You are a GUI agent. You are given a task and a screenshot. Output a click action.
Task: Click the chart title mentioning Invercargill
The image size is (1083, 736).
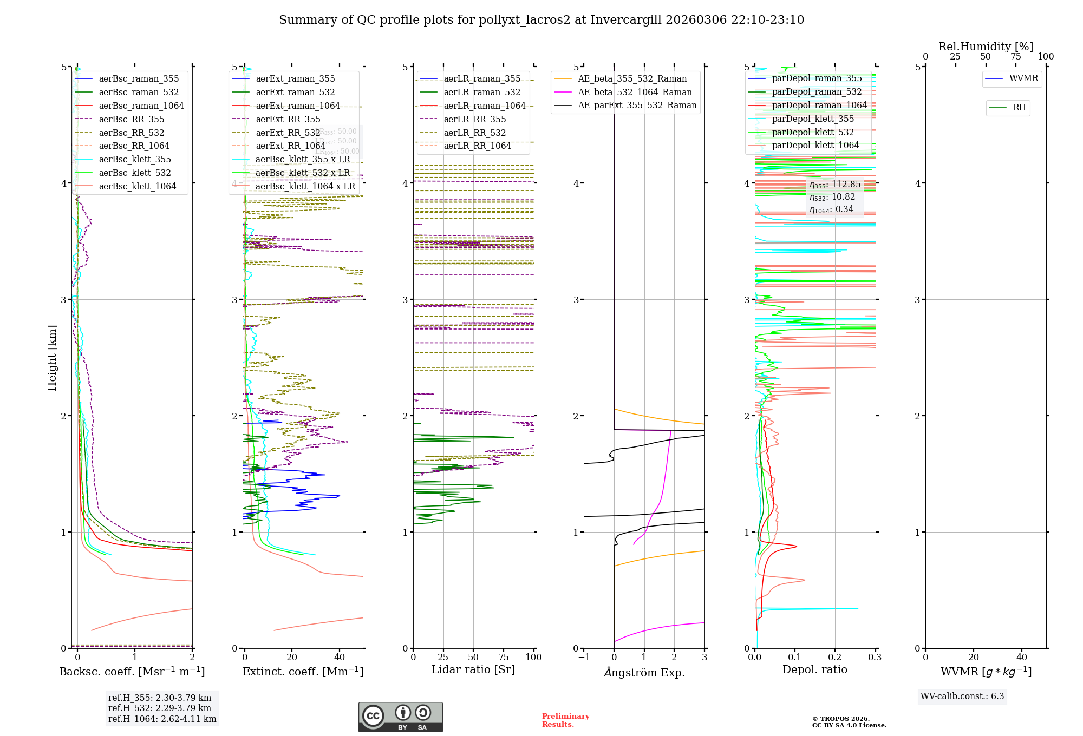click(541, 20)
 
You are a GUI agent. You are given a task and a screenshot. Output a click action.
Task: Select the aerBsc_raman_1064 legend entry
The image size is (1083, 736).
click(141, 106)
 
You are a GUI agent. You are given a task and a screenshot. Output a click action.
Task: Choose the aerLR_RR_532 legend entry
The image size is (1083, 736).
click(474, 133)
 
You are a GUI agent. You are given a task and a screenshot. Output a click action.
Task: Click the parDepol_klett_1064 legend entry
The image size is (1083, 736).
click(815, 146)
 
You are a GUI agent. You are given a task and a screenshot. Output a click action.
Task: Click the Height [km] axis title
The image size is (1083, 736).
click(52, 357)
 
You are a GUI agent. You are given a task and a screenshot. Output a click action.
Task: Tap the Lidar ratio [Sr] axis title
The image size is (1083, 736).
click(473, 670)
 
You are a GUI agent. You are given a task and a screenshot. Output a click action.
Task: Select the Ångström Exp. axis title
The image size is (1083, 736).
click(644, 673)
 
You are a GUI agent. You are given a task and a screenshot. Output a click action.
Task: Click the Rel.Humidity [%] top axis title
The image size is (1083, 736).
click(986, 47)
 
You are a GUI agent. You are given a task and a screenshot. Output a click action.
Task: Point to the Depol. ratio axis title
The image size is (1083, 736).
click(814, 670)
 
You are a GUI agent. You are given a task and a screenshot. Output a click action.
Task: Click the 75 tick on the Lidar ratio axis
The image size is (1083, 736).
click(504, 658)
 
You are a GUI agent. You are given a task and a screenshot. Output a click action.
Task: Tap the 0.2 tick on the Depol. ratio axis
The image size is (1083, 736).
click(835, 658)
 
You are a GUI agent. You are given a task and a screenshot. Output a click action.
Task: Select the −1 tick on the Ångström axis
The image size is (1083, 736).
click(583, 658)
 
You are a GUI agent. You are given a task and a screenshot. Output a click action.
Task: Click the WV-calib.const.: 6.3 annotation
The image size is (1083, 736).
click(962, 696)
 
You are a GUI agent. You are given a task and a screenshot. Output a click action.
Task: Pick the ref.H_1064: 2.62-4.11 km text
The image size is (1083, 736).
click(162, 719)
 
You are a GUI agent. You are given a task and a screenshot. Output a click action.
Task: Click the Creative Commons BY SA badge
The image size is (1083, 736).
click(400, 717)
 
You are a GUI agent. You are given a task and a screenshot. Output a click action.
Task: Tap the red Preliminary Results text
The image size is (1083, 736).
click(565, 720)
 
